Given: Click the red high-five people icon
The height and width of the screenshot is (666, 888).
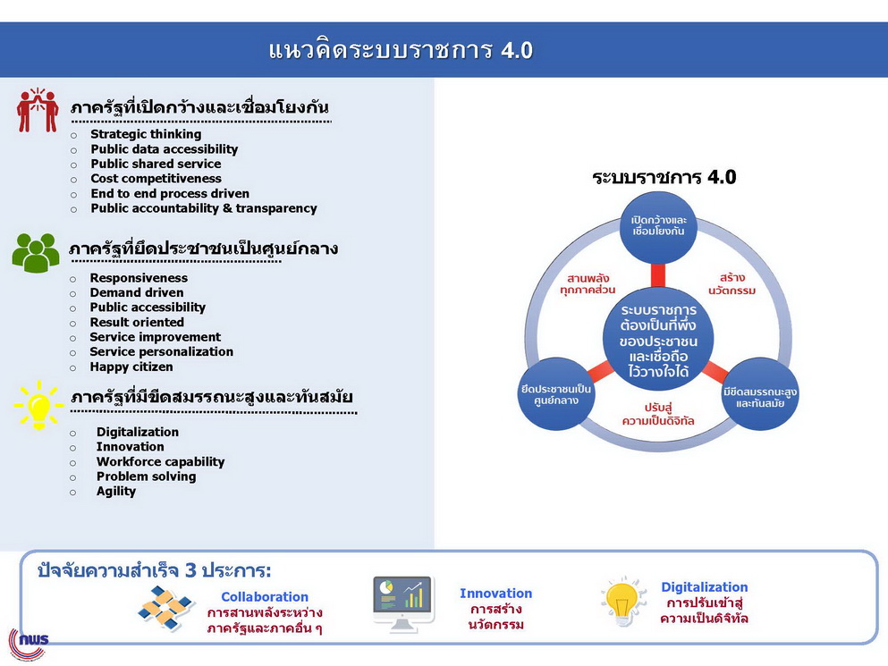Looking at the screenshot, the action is [38, 110].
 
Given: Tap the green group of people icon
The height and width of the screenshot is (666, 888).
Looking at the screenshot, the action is [36, 253].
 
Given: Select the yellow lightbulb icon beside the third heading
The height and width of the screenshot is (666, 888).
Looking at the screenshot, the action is [38, 405].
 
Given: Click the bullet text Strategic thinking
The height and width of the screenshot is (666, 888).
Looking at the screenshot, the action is [146, 134].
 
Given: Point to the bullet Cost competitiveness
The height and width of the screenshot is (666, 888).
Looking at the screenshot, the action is [156, 179].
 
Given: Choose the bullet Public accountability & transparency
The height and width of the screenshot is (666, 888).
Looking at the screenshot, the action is [204, 208].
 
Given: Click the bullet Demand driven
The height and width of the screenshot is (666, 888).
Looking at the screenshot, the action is [137, 293].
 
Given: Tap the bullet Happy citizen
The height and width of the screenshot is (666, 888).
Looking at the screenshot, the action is [131, 367].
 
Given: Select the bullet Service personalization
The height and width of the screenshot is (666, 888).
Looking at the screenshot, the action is [161, 351].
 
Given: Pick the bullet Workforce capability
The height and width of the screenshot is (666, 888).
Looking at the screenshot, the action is [160, 462].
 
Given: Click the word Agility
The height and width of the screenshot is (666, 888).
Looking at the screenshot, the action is [116, 492].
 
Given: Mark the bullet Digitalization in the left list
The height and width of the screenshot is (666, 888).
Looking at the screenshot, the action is [138, 432].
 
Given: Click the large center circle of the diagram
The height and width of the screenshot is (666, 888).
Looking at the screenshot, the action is [658, 340].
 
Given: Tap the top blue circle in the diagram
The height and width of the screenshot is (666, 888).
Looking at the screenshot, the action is [658, 227].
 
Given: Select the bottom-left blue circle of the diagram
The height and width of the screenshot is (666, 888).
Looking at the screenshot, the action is [556, 394].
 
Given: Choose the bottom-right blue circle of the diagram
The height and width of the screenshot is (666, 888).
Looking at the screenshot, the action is [760, 394].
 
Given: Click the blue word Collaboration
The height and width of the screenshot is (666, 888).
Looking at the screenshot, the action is [265, 597].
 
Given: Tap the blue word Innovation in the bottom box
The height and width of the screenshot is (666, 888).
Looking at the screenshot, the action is [496, 594].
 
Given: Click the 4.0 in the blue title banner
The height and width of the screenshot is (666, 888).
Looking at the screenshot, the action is [517, 50].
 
